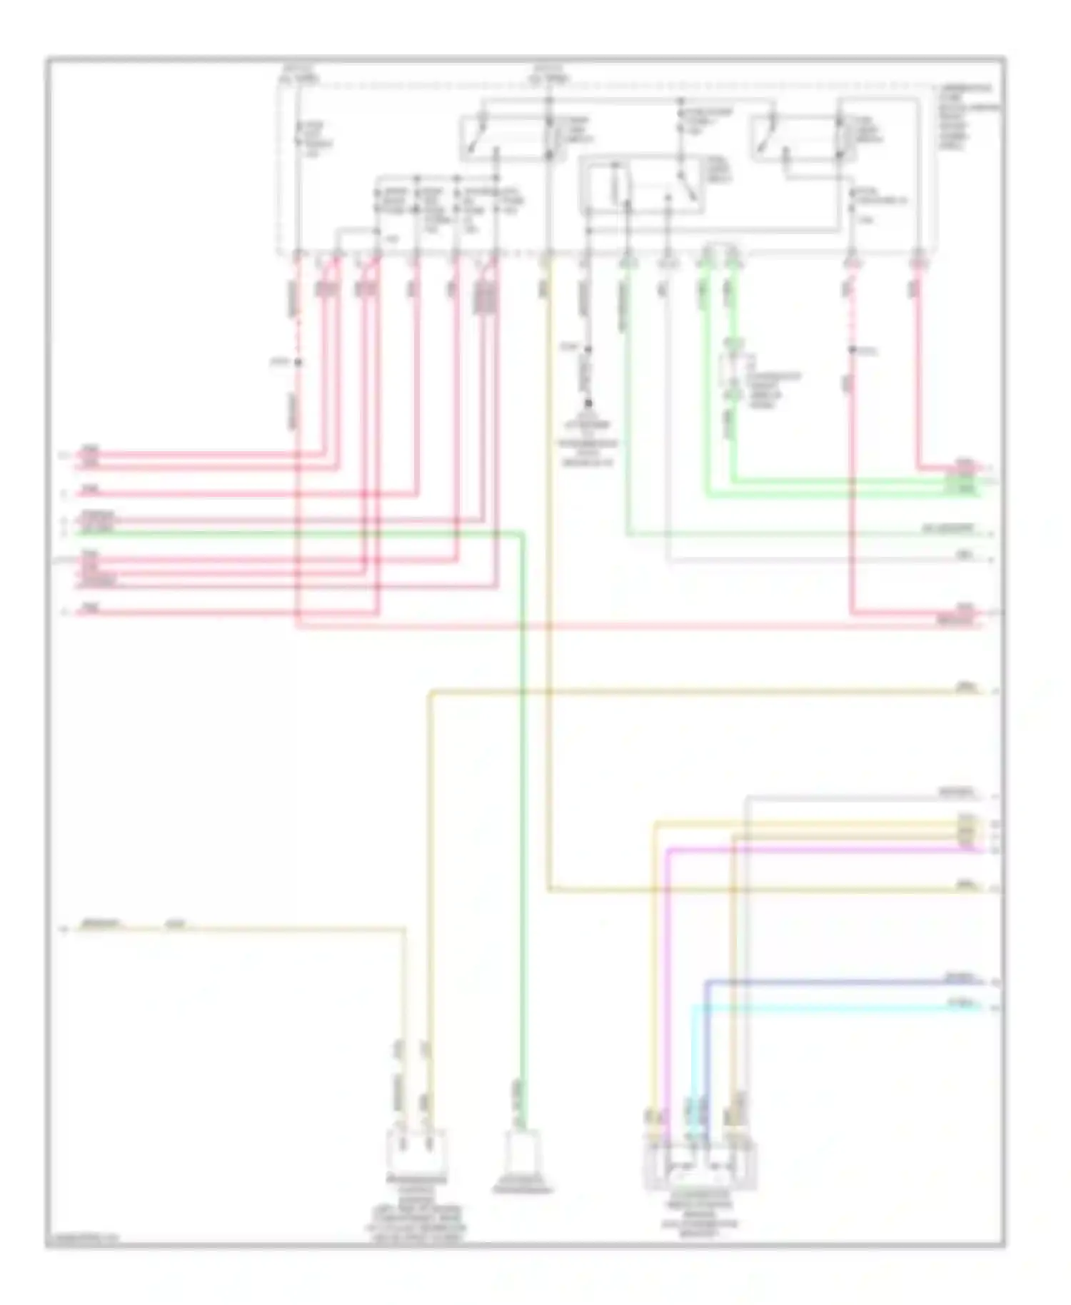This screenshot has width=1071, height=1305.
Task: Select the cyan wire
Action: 821,1007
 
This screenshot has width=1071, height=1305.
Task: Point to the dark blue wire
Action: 821,982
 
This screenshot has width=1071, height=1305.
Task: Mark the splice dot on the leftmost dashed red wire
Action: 298,363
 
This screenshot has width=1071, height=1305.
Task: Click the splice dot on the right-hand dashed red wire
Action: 852,351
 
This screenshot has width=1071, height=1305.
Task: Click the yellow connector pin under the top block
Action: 547,261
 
